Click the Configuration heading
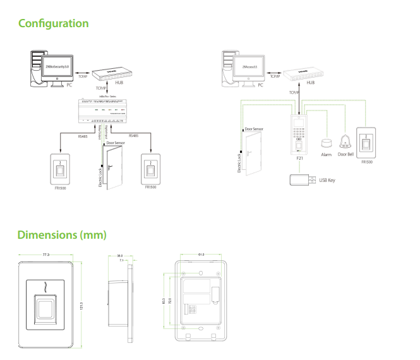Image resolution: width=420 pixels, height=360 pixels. click(x=53, y=23)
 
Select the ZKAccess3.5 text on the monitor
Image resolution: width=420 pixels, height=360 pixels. click(x=251, y=65)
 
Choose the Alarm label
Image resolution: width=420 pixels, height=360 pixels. click(x=327, y=154)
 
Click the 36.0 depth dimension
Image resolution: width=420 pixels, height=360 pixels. click(x=119, y=256)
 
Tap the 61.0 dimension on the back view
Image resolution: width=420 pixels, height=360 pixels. click(x=201, y=255)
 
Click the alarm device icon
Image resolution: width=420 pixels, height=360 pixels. click(x=327, y=143)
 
